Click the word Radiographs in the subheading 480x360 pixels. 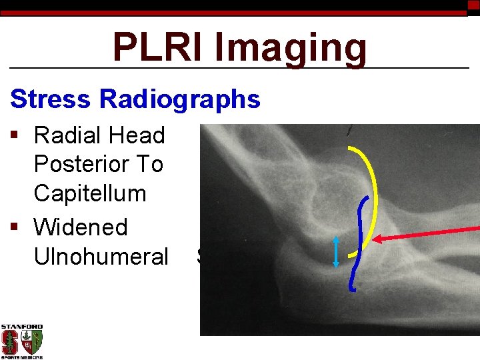tap(179, 99)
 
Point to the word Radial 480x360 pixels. tap(70, 135)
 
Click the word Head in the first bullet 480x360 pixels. tap(139, 135)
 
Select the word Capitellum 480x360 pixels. tap(89, 193)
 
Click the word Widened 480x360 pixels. tap(80, 227)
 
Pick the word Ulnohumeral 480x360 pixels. tap(101, 256)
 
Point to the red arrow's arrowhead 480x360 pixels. tap(377, 239)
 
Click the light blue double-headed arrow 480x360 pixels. tap(336, 252)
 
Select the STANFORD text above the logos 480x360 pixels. tap(21, 327)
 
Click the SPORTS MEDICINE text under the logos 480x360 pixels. tap(21, 357)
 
